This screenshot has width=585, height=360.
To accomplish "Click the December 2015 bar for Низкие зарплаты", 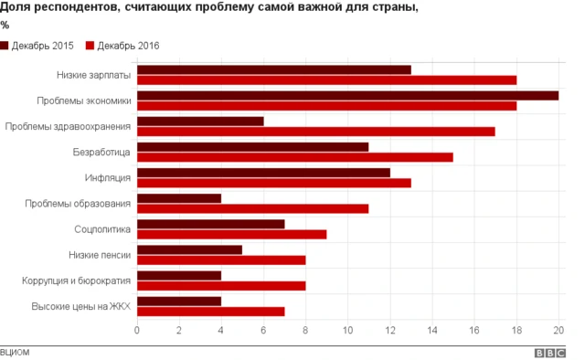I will click(274, 69).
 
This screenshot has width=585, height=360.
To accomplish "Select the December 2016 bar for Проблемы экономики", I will click(326, 105).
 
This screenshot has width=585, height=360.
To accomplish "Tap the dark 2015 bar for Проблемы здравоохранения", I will click(200, 121).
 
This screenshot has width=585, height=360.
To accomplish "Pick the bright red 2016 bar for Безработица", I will click(294, 156).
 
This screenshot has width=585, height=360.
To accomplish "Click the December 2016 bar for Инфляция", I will click(273, 183).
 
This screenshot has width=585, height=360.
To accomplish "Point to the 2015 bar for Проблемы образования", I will click(179, 197).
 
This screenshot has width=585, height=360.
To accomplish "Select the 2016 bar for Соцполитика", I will click(231, 234).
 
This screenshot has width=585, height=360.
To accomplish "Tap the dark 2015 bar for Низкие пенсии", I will click(189, 249).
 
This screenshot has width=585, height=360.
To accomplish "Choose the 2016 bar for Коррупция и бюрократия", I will click(221, 285).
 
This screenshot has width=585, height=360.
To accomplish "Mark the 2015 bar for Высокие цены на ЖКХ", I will click(179, 300).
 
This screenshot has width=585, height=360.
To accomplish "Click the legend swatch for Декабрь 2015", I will click(5, 46).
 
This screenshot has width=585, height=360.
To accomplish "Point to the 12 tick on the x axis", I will click(389, 330).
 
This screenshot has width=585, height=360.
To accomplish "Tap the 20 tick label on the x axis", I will click(558, 330).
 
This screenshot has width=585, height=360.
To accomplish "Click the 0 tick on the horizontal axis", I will click(137, 330).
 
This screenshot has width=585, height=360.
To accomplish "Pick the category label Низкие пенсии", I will click(100, 254).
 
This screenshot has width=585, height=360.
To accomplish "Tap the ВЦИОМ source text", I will click(16, 351).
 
